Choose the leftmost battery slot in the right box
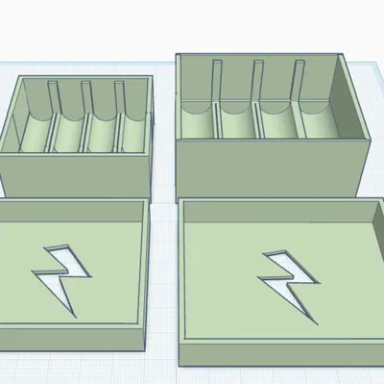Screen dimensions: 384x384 (199, 119)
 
